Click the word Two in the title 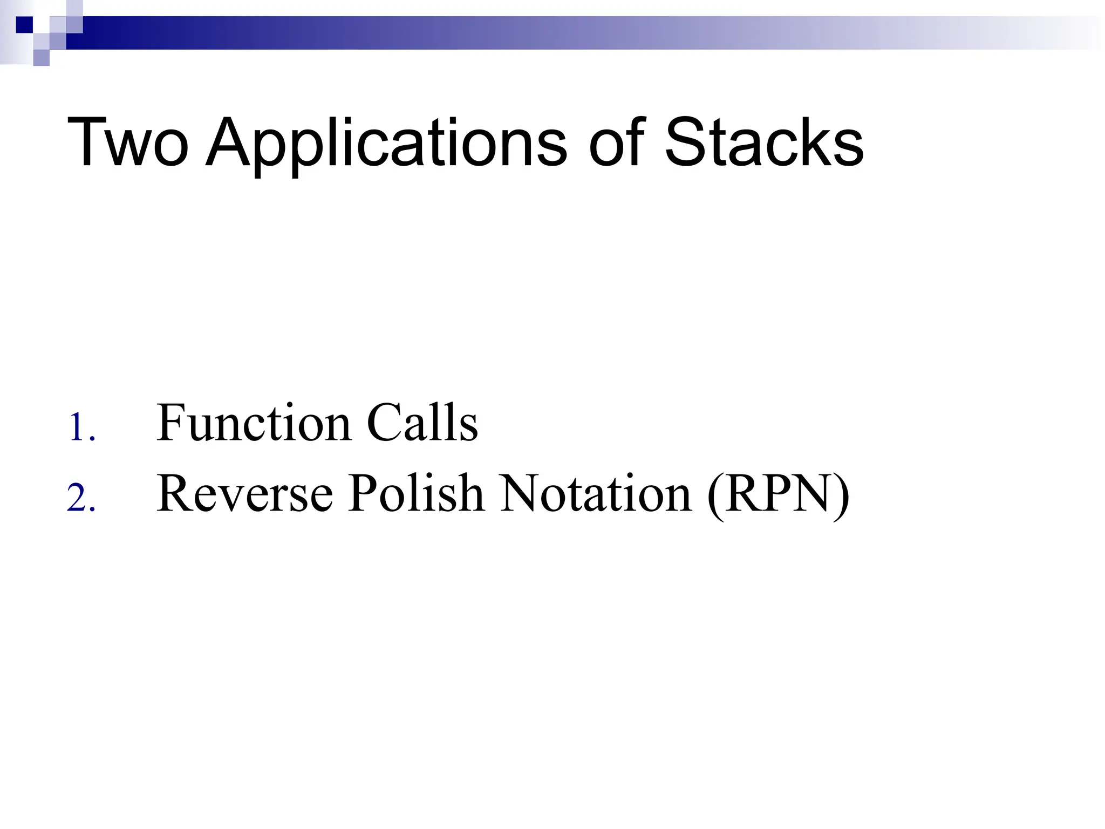(128, 142)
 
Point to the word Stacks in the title (763, 142)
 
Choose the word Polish (415, 493)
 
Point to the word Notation (596, 493)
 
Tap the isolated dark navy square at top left (24, 25)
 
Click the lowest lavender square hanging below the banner (41, 57)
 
